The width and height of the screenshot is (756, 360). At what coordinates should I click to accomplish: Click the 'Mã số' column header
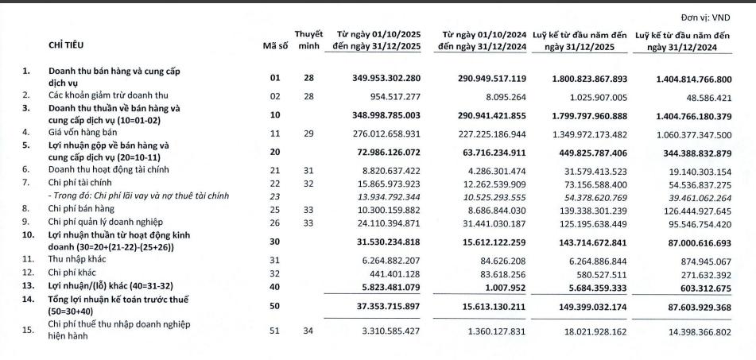[x=274, y=46]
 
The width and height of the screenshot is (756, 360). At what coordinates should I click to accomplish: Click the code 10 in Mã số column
[x=274, y=114]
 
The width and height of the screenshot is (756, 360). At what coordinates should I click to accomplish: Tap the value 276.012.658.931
[x=391, y=132]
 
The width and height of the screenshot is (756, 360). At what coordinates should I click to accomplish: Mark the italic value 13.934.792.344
[x=391, y=196]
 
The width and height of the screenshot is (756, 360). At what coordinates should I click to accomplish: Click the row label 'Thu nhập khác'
[x=79, y=258]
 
